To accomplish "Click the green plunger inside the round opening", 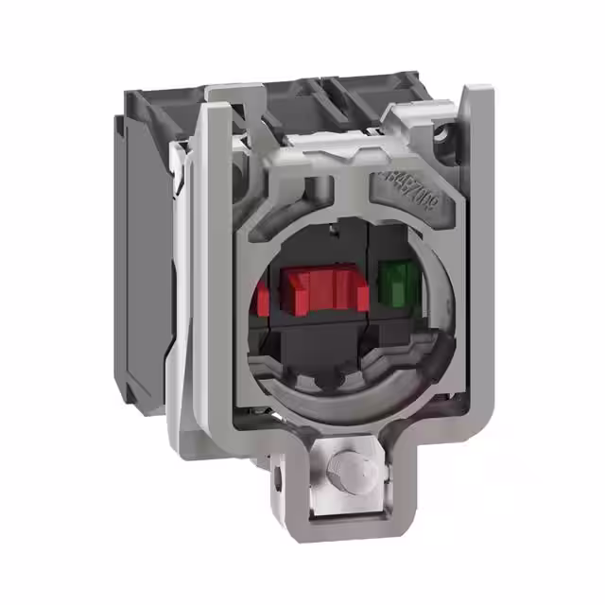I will (398, 282).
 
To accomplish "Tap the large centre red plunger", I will (324, 288).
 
